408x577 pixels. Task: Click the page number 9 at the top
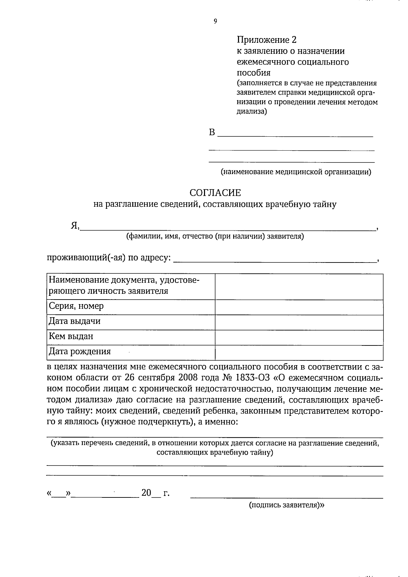tap(215, 21)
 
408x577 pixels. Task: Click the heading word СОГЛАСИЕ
tap(215, 193)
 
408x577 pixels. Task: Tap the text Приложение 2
tap(267, 40)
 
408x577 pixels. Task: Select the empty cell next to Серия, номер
tap(299, 307)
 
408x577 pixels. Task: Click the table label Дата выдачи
tap(75, 321)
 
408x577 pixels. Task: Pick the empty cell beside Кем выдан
tap(299, 337)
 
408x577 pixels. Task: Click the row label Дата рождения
tap(80, 351)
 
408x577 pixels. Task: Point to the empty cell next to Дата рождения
tap(299, 353)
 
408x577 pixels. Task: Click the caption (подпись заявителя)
tap(287, 505)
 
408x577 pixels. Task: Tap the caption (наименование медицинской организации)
tap(296, 172)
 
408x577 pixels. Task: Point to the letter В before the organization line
tap(212, 132)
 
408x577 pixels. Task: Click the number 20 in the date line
tap(146, 492)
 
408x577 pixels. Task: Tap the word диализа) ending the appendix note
tap(252, 111)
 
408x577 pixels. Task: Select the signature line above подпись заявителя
tap(287, 497)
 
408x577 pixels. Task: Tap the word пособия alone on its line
tap(253, 73)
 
